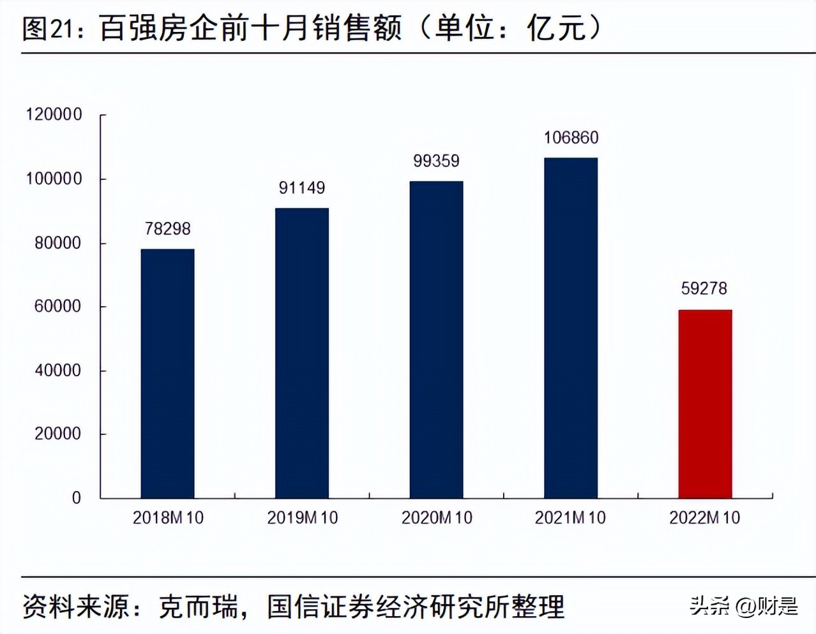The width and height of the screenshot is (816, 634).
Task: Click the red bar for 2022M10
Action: [705, 404]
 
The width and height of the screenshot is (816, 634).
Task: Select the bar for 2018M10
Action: [167, 373]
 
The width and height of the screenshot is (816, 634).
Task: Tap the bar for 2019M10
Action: [302, 353]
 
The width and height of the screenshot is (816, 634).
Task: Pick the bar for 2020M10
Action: [436, 339]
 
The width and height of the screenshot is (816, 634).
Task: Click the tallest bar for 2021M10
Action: [571, 328]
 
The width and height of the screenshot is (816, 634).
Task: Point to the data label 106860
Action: [571, 137]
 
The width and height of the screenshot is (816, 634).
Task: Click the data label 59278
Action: [704, 288]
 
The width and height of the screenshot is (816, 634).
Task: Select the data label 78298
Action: [167, 228]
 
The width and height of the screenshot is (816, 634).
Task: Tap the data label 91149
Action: [302, 188]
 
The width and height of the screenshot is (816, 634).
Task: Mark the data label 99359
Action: [436, 161]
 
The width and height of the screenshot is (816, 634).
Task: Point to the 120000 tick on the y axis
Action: [54, 114]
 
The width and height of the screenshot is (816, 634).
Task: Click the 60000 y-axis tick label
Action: [57, 306]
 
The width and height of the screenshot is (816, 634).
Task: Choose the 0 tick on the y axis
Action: [76, 498]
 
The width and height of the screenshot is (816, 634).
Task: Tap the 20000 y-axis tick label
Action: [57, 434]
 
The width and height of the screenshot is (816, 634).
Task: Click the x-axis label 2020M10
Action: [437, 517]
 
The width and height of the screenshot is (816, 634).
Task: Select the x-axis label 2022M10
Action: [705, 517]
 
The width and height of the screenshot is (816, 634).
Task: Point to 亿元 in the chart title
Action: [555, 29]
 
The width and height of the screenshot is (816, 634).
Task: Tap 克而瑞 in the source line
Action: [197, 606]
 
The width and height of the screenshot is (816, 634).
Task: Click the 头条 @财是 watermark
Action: [744, 605]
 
